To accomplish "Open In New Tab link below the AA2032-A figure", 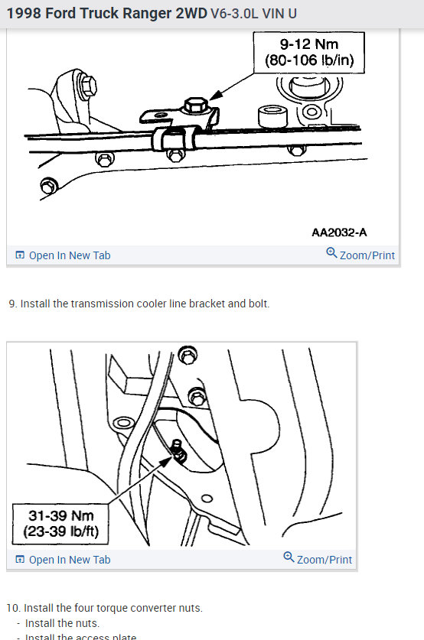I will point(69,255).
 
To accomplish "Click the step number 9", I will point(12,304).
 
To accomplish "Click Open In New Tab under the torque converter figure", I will point(69,560).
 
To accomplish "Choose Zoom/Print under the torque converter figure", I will point(324,560).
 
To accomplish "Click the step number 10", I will point(13,608).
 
